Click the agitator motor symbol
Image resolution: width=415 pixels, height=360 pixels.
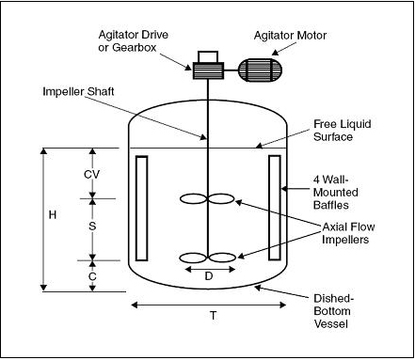pyautogui.click(x=260, y=70)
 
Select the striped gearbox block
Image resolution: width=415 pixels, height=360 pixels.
pyautogui.click(x=208, y=70)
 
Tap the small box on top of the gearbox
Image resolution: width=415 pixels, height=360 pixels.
pyautogui.click(x=208, y=57)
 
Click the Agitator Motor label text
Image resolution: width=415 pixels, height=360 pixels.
pyautogui.click(x=290, y=36)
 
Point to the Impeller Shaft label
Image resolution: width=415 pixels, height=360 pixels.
pyautogui.click(x=78, y=91)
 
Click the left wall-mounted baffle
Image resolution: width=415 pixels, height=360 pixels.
pyautogui.click(x=141, y=208)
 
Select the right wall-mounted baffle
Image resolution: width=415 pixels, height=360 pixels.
pyautogui.click(x=275, y=208)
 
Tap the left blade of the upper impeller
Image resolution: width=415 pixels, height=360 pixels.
pyautogui.click(x=193, y=199)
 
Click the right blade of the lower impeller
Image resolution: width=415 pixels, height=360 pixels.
pyautogui.click(x=222, y=258)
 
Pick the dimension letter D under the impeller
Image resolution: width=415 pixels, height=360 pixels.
pyautogui.click(x=209, y=276)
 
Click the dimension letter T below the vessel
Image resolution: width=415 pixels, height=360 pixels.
pyautogui.click(x=214, y=315)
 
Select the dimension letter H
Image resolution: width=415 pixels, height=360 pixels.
pyautogui.click(x=53, y=215)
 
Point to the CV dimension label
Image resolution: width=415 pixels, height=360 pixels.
pyautogui.click(x=91, y=175)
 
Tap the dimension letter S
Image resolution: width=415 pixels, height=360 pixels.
pyautogui.click(x=92, y=227)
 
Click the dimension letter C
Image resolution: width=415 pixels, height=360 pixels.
pyautogui.click(x=92, y=276)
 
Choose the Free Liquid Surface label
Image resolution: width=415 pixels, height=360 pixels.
pyautogui.click(x=343, y=131)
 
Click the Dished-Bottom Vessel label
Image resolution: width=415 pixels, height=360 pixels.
pyautogui.click(x=334, y=311)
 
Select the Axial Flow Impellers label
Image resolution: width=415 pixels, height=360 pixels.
pyautogui.click(x=348, y=233)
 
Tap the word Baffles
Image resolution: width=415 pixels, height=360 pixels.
pyautogui.click(x=331, y=205)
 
